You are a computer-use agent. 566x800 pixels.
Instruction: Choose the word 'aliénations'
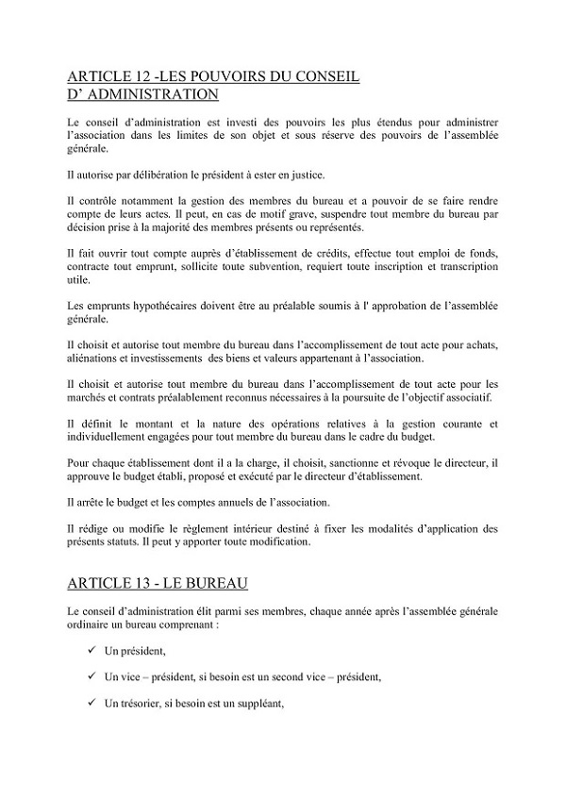point(98,358)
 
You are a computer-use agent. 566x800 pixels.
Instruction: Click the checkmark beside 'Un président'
point(91,651)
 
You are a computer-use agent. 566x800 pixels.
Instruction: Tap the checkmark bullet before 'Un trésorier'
point(91,703)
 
